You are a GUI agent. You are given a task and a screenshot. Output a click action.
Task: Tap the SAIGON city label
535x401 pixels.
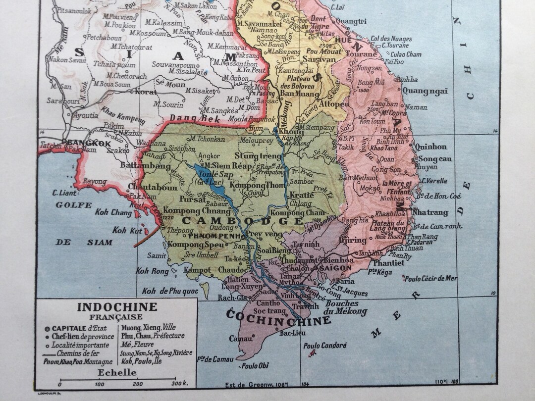(x=335, y=268)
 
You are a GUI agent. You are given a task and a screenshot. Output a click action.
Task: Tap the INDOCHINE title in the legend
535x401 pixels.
(x=117, y=307)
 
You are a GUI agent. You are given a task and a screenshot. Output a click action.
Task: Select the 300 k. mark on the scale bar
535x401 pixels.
(x=176, y=384)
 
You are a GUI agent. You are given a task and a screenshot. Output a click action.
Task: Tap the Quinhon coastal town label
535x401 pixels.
(x=430, y=147)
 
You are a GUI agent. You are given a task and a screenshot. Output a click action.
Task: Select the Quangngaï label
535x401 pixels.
(x=425, y=91)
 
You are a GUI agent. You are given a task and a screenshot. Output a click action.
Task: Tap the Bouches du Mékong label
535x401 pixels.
(x=345, y=307)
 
